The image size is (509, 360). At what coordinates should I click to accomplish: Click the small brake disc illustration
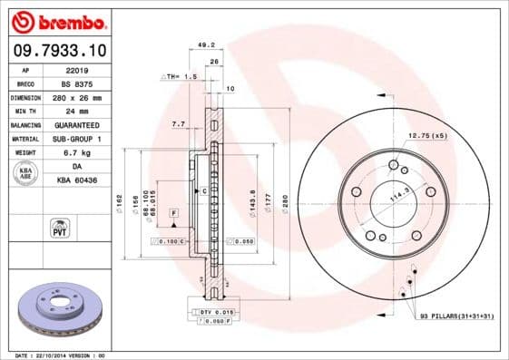click(56, 308)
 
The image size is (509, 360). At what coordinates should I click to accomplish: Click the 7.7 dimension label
click(178, 122)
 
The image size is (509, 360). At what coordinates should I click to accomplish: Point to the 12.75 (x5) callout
click(427, 135)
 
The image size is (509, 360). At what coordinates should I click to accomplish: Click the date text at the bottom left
click(54, 355)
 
